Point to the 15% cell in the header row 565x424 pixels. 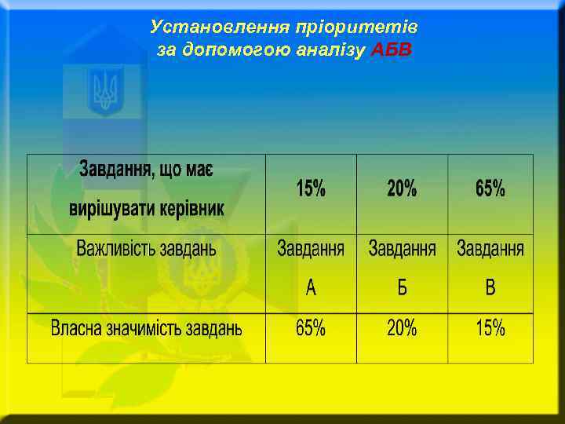[x=311, y=188]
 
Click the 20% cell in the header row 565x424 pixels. [x=402, y=188]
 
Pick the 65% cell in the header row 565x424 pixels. [x=490, y=188]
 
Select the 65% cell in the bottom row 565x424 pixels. [x=311, y=328]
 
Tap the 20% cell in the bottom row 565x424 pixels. [x=402, y=328]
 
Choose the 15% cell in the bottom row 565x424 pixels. [x=490, y=328]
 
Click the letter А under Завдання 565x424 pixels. [x=311, y=288]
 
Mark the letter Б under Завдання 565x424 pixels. [x=402, y=288]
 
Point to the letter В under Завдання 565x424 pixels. [x=490, y=288]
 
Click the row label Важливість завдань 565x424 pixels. [x=146, y=250]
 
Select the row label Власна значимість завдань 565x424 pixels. [x=146, y=328]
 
